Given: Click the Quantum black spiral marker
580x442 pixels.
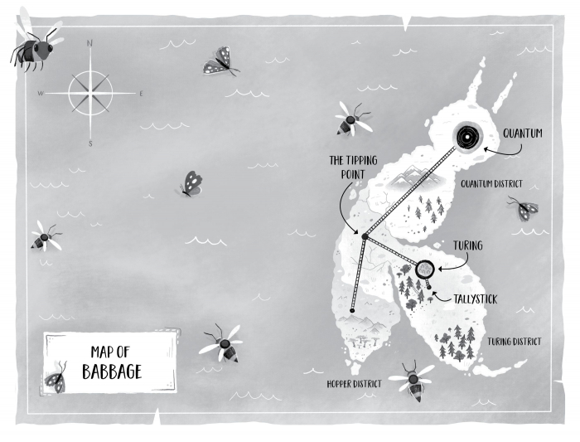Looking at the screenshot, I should pos(466,134).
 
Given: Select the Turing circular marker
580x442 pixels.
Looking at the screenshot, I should pos(425,268).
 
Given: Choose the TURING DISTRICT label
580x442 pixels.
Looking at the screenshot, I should pos(515,341).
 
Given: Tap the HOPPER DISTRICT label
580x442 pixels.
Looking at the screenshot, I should pos(354,383).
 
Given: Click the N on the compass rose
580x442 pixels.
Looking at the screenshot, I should pos(90,43).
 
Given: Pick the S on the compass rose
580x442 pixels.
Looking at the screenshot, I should pos(90,143).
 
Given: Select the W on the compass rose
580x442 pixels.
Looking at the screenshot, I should pos(39,94).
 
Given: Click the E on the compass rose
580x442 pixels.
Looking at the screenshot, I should pos(141,94).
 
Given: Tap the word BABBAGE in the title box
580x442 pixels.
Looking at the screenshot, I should pos(112,371).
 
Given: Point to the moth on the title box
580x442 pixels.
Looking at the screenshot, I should pos(56,379).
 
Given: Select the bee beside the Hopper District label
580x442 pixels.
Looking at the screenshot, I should pos(411,380).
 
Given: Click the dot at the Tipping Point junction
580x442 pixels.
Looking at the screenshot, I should pos(364,237).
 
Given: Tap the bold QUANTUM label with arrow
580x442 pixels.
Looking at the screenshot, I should pos(523,131).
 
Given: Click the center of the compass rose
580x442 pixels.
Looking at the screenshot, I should pos(90,93).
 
